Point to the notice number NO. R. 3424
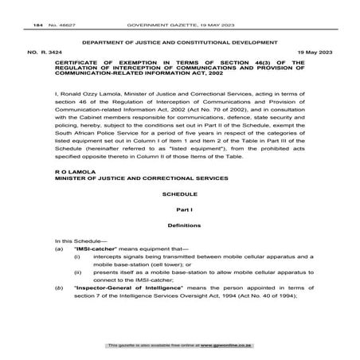tap(41, 50)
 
